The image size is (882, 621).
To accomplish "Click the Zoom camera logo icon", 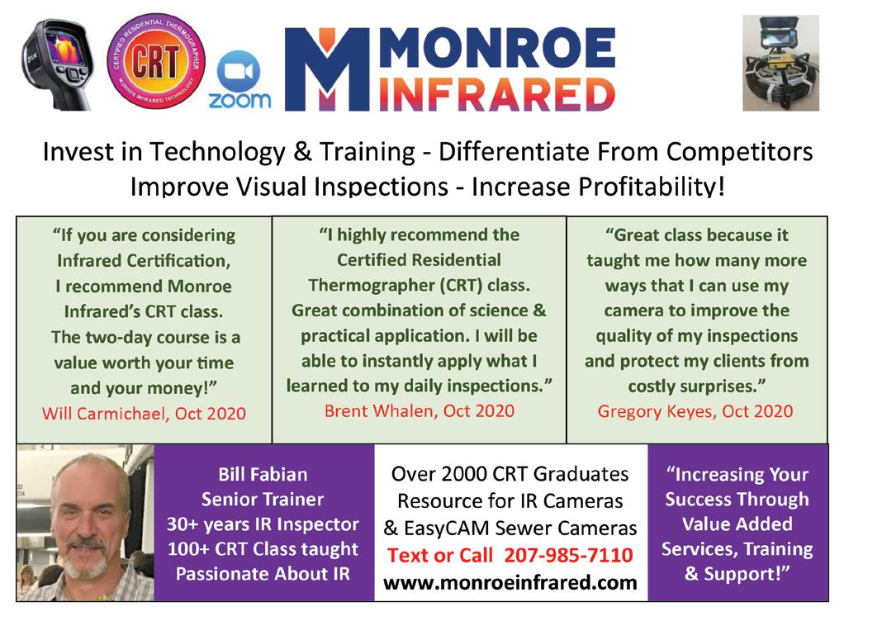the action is point(239,71).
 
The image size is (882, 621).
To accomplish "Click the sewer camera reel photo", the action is point(780,63).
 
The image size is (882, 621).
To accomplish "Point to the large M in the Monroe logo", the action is point(327,69).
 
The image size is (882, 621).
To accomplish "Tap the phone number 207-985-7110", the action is point(568,555).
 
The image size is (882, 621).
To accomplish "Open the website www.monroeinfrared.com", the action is point(510,582).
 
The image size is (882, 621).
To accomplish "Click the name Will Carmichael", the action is point(105,414).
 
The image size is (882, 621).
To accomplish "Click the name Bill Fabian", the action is point(263,474).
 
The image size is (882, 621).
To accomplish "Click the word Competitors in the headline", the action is point(739,152).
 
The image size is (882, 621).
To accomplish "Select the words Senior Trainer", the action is point(263,499).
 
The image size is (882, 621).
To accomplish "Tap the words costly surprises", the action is point(697,386).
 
